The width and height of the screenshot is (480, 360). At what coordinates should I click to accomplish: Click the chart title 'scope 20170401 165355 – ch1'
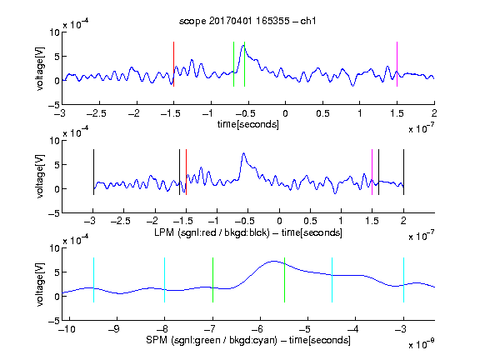(x=247, y=21)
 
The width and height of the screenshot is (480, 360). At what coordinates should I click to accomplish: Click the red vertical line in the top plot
(x=174, y=64)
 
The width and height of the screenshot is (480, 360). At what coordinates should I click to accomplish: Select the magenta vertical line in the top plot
(x=397, y=64)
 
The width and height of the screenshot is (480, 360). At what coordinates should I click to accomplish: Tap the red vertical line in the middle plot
(x=186, y=172)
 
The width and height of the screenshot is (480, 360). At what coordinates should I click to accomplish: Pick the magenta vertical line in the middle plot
(x=372, y=172)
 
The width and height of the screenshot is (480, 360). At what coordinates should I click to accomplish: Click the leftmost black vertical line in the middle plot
(x=93, y=172)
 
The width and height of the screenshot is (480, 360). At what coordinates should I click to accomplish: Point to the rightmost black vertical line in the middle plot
(x=403, y=172)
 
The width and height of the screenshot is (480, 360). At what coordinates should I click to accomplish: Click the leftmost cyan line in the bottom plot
(x=93, y=280)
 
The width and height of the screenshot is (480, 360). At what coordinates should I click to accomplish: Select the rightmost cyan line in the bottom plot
(x=403, y=280)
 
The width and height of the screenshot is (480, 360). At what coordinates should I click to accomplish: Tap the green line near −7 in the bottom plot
(x=212, y=280)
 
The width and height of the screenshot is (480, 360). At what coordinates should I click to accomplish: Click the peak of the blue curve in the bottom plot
(x=273, y=261)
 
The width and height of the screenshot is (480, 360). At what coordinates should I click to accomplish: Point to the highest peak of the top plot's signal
(x=243, y=45)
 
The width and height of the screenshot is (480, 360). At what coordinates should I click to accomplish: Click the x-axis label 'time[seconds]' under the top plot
(x=248, y=125)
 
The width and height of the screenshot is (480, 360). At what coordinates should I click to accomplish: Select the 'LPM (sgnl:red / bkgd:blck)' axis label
(x=212, y=232)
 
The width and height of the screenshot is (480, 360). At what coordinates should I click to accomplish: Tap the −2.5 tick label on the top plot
(x=96, y=113)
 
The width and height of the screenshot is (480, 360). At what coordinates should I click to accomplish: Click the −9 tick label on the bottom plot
(x=114, y=329)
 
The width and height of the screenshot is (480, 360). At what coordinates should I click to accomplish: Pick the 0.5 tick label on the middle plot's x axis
(x=310, y=221)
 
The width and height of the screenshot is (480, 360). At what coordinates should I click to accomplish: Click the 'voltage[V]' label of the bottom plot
(x=40, y=285)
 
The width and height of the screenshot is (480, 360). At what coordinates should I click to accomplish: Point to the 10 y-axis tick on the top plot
(x=55, y=32)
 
